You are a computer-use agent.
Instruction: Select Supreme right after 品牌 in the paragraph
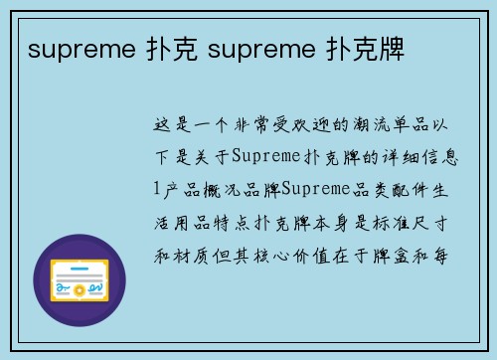coord(317,189)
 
